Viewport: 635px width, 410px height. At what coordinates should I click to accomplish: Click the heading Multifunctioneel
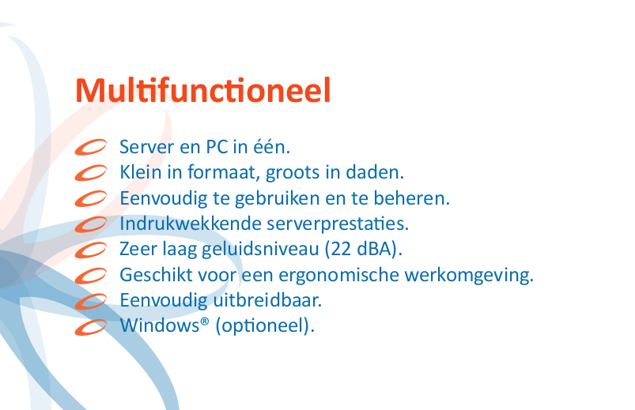(x=203, y=90)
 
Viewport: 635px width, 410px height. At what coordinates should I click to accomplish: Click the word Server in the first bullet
(x=146, y=147)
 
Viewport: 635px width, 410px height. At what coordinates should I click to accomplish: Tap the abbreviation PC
(x=217, y=147)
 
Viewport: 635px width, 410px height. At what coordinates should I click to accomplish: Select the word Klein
(x=141, y=172)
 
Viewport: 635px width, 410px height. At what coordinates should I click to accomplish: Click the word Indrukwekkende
(x=191, y=224)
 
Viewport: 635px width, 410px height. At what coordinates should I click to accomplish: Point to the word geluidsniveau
(x=260, y=250)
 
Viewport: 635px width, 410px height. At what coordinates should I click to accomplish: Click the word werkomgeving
(x=470, y=276)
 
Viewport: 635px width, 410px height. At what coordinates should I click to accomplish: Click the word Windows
(x=160, y=325)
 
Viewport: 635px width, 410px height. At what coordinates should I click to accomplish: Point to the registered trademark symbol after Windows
(x=205, y=322)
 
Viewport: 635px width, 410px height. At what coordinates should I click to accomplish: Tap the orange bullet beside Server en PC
(x=91, y=147)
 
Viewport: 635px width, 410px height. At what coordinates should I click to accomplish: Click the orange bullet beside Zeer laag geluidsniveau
(x=91, y=250)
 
